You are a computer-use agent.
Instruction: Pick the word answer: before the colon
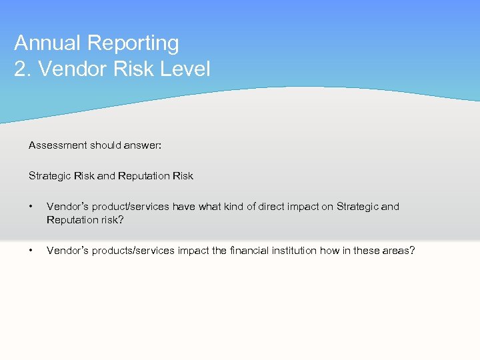[x=144, y=145]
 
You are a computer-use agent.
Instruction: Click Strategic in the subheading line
[x=49, y=176]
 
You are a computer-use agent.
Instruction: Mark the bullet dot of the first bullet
[x=31, y=207]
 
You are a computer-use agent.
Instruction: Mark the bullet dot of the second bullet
[x=31, y=251]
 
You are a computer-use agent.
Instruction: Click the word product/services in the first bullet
[x=130, y=207]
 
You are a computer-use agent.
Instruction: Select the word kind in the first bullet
[x=233, y=207]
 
